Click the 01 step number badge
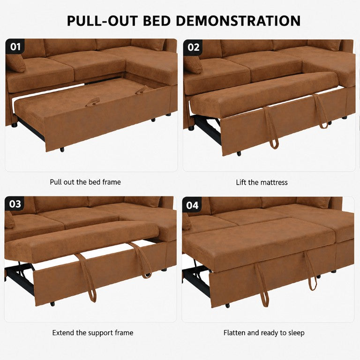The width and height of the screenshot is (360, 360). (x=15, y=46)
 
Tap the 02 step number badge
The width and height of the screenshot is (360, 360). (x=193, y=47)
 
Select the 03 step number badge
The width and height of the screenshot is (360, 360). (x=15, y=204)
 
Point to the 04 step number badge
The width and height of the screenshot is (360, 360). (x=192, y=205)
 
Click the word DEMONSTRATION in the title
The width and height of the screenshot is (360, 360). (x=238, y=21)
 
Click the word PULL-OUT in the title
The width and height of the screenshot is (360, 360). (x=102, y=21)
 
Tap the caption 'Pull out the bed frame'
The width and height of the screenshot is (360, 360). (x=85, y=182)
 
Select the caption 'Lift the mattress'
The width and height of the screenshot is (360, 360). (x=262, y=182)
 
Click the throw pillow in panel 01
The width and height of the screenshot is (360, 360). (x=15, y=63)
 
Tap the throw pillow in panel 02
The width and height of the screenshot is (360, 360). (x=193, y=65)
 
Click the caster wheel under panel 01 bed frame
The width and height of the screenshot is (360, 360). (x=62, y=150)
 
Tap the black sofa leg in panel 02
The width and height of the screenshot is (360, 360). (x=191, y=128)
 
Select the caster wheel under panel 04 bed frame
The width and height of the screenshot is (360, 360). (x=227, y=306)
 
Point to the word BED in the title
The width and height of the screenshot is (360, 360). (x=157, y=21)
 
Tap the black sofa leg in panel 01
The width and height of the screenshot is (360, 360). (x=14, y=125)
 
